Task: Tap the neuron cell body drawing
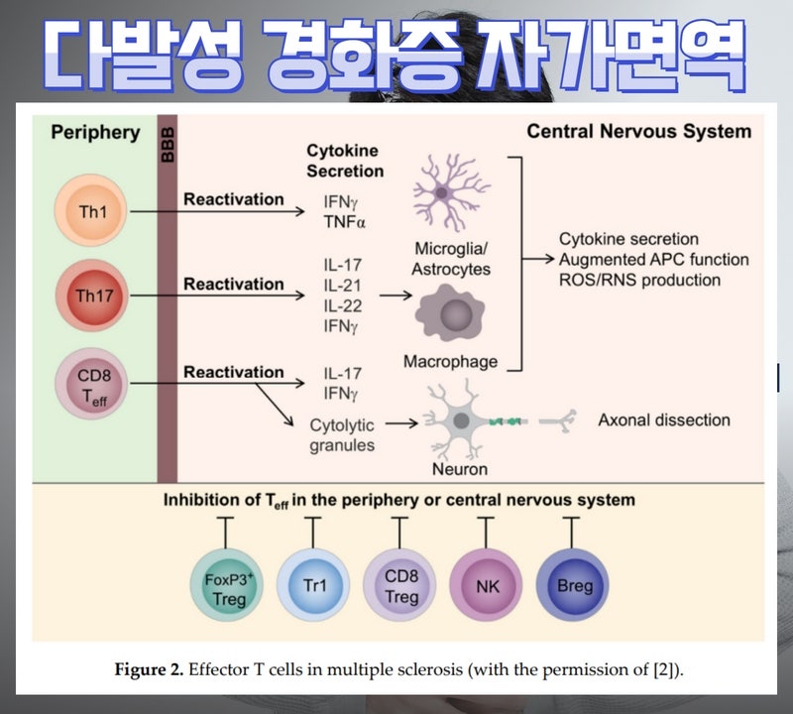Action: tap(462, 420)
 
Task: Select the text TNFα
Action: tap(345, 222)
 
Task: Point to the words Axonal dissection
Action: tap(663, 420)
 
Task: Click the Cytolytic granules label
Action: tap(342, 435)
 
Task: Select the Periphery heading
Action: tap(95, 132)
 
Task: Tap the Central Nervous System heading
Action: tap(638, 132)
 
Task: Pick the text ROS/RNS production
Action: tap(639, 281)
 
